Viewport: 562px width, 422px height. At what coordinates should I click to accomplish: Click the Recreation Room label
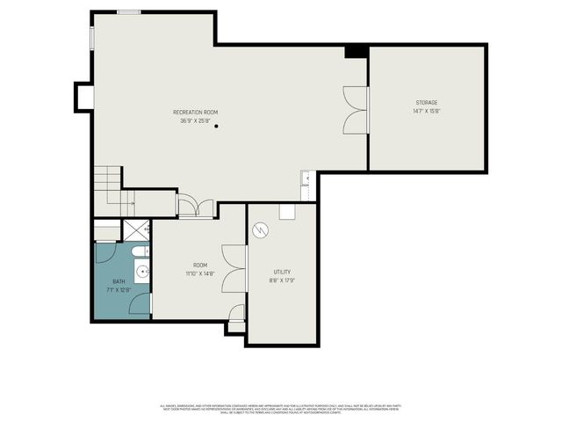195,113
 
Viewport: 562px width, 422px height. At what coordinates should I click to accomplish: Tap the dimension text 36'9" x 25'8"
195,120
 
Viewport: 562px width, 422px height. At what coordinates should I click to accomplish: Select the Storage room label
427,103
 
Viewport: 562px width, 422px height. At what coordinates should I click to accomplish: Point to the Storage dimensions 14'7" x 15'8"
427,111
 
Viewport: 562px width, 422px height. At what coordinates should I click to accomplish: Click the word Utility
281,273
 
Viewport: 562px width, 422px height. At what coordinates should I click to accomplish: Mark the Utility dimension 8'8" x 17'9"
281,280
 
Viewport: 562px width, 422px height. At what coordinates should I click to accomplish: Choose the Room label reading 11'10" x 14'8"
200,273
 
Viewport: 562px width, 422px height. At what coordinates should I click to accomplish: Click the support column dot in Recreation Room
216,127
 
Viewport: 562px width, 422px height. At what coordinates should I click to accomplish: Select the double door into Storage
356,109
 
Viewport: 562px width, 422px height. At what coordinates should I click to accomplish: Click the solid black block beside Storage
356,52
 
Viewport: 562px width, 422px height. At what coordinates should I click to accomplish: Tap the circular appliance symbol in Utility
260,230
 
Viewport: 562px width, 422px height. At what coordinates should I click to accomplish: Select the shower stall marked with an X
135,230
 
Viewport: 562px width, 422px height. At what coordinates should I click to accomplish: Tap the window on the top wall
128,12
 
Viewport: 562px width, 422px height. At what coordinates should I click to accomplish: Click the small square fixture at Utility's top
287,211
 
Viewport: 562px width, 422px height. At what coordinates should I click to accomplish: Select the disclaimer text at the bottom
281,408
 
